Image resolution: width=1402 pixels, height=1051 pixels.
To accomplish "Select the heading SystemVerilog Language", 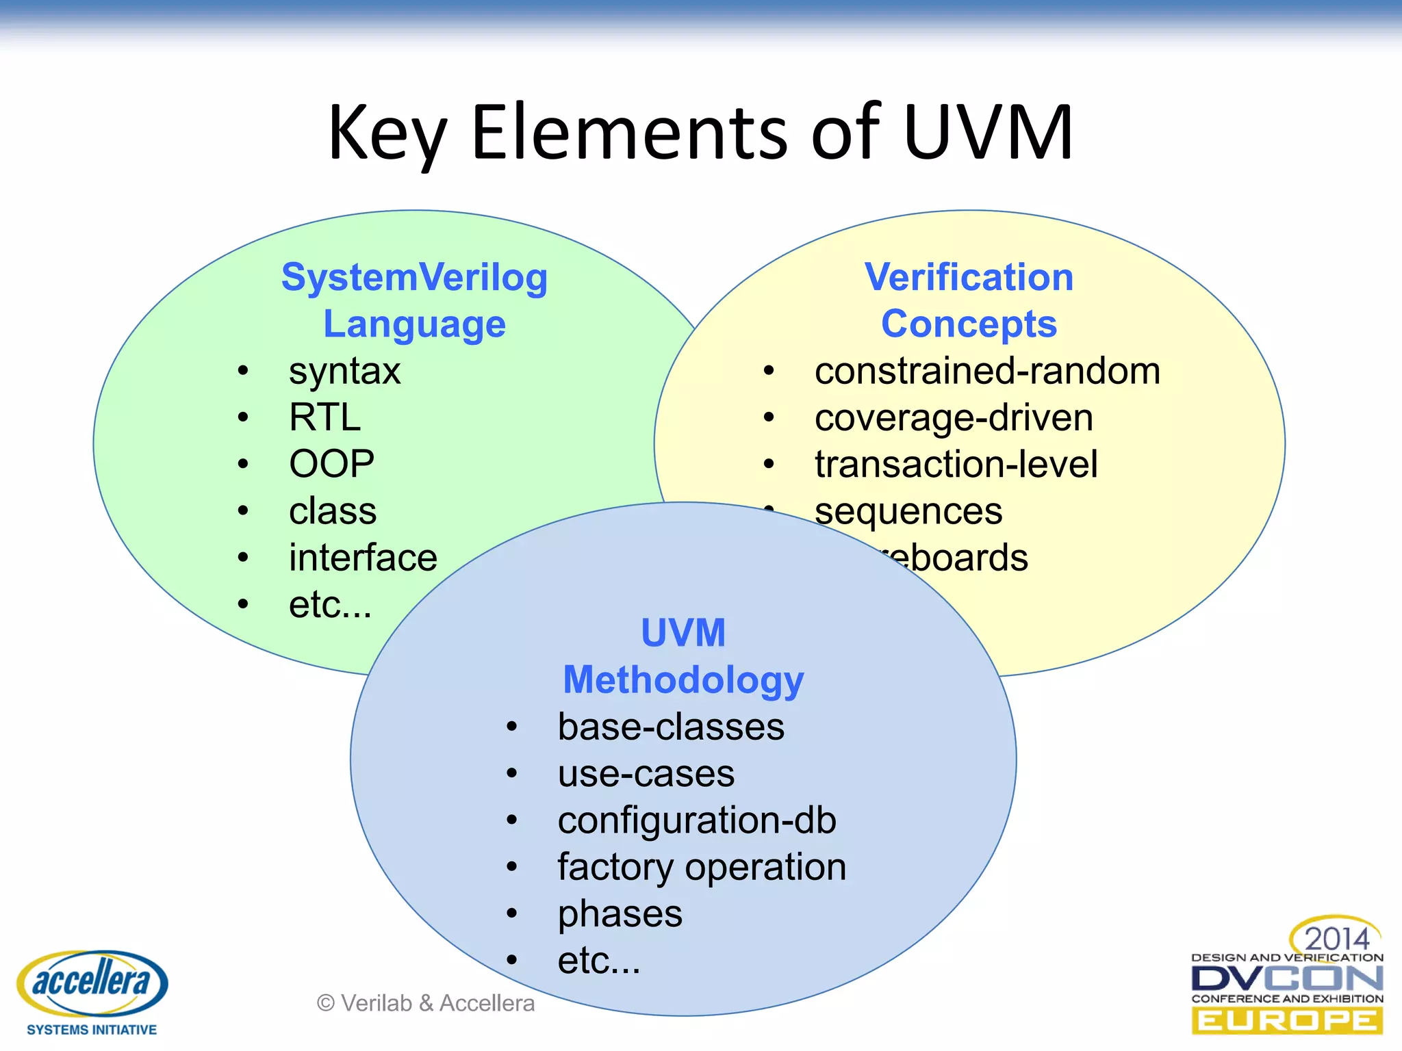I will click(x=415, y=300).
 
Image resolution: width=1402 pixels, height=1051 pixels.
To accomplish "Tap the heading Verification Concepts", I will click(x=969, y=300).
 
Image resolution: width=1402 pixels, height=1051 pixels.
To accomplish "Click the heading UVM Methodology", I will click(x=683, y=656).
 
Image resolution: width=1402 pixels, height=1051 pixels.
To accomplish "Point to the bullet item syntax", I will click(x=344, y=372).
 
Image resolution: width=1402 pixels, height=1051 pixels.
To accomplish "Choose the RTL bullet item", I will click(x=324, y=417).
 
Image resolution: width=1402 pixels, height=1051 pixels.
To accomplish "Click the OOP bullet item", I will click(x=331, y=464).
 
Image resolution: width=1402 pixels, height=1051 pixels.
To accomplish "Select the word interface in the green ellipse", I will click(x=363, y=558).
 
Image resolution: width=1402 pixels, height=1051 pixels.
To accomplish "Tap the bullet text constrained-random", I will click(x=987, y=371).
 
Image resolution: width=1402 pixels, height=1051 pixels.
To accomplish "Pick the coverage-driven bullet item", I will click(x=954, y=417).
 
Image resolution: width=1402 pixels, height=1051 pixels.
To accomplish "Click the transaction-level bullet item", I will click(x=956, y=464).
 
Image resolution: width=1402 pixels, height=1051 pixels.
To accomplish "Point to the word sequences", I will click(x=908, y=511).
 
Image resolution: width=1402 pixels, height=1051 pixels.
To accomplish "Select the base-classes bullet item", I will click(x=671, y=727).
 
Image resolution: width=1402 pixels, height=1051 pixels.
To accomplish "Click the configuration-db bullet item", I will click(x=697, y=820).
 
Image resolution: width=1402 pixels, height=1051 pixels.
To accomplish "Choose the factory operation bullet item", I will click(x=702, y=867).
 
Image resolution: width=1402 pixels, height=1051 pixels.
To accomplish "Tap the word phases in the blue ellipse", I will click(x=620, y=914).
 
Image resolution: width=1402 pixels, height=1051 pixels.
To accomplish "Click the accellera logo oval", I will click(x=92, y=983).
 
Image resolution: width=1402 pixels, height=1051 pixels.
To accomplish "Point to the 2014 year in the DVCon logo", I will click(x=1336, y=938).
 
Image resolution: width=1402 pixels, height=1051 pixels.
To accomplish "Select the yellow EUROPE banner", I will click(x=1287, y=1022).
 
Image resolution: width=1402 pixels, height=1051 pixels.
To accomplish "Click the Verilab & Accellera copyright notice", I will click(x=426, y=1003).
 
